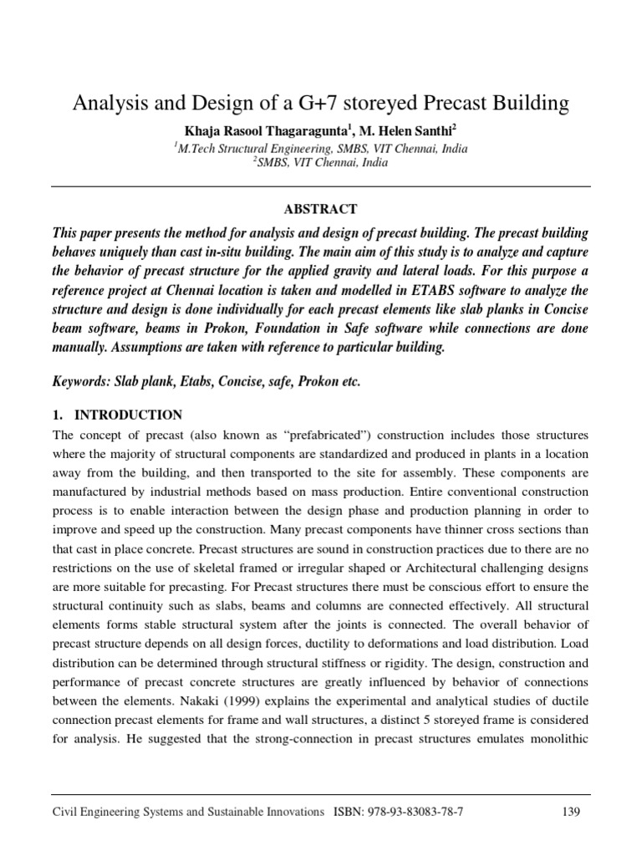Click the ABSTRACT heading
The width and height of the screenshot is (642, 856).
[321, 209]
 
